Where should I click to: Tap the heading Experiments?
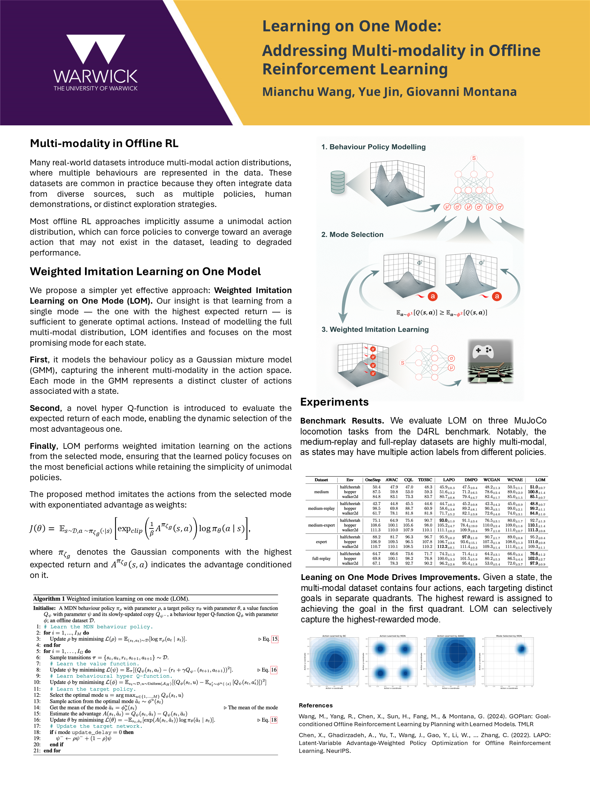click(x=334, y=402)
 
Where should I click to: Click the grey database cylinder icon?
click(x=337, y=182)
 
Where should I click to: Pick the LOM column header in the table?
click(x=540, y=480)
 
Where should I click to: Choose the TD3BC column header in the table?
click(x=425, y=480)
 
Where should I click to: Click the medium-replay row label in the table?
click(x=321, y=508)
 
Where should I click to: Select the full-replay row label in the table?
click(x=321, y=558)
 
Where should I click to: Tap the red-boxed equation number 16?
click(x=274, y=669)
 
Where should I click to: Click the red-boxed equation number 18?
click(x=274, y=720)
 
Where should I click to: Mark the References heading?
click(x=315, y=705)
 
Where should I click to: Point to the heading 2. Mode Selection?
click(x=352, y=234)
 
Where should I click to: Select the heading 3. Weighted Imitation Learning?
click(x=375, y=330)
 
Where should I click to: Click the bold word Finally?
click(x=43, y=446)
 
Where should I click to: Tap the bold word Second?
click(x=44, y=408)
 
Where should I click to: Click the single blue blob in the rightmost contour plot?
click(x=521, y=649)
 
